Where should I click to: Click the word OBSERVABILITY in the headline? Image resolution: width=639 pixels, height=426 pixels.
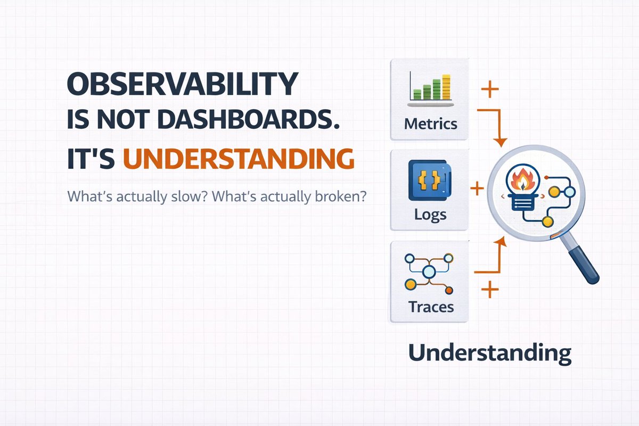pos(183,84)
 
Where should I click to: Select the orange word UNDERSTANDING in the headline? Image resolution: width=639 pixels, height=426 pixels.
pos(239,159)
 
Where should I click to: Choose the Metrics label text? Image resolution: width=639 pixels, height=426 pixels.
pos(430,124)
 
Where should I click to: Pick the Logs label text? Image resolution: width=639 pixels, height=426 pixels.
pos(430,215)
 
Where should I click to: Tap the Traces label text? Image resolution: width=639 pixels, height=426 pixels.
pos(431,307)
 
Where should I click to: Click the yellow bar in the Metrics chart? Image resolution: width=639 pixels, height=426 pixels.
pos(446,87)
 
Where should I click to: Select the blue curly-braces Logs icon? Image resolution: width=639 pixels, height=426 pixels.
pos(430,180)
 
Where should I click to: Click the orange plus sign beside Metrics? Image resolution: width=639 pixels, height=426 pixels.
pos(490,89)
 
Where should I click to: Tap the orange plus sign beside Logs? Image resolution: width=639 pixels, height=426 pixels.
pos(477,189)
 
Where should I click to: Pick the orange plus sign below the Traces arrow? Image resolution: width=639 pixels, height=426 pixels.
pos(490,289)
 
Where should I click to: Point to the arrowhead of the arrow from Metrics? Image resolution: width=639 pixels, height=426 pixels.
pos(500,142)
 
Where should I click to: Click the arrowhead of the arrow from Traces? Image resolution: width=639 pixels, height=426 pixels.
pos(500,241)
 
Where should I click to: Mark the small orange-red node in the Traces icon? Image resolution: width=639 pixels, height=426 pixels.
pos(449,290)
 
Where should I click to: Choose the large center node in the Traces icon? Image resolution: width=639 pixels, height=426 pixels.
pos(429,272)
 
